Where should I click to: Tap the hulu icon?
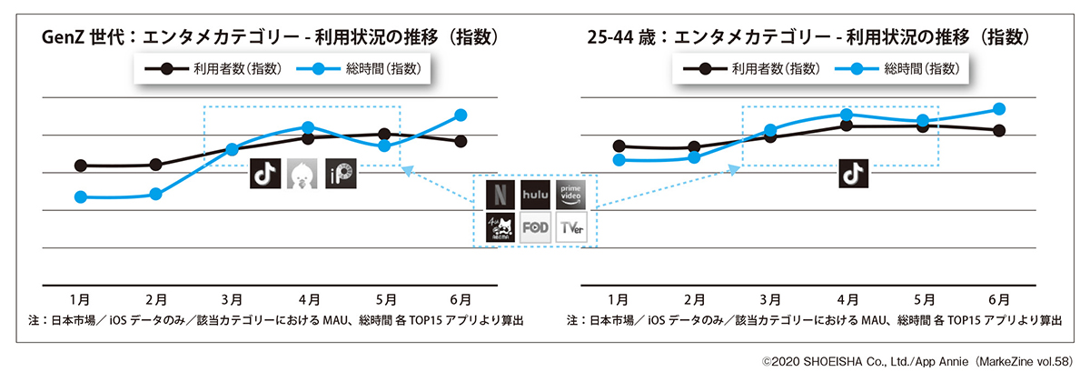pyautogui.click(x=535, y=194)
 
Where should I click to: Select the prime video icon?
pyautogui.click(x=571, y=194)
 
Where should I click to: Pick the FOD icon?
pyautogui.click(x=535, y=228)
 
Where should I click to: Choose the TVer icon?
pyautogui.click(x=571, y=228)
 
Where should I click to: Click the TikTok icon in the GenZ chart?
pyautogui.click(x=264, y=174)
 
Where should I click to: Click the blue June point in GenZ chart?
pyautogui.click(x=461, y=115)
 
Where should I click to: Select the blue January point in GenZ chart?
pyautogui.click(x=81, y=196)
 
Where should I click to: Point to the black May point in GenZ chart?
pyautogui.click(x=384, y=135)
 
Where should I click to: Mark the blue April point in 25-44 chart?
pyautogui.click(x=846, y=115)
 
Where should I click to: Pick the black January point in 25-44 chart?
pyautogui.click(x=619, y=146)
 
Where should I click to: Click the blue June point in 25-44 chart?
pyautogui.click(x=999, y=108)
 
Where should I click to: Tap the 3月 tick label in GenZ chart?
pyautogui.click(x=232, y=298)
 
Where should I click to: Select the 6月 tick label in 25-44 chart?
pyautogui.click(x=999, y=298)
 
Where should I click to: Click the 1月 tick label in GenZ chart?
pyautogui.click(x=80, y=298)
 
